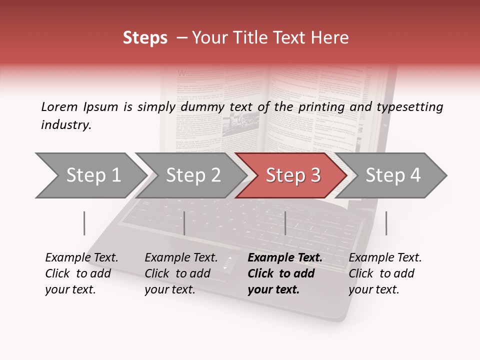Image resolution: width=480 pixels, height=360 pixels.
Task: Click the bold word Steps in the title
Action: coord(145,38)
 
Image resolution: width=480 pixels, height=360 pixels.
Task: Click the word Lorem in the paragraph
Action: coord(59,106)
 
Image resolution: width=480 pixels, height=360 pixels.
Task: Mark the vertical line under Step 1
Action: coord(84,223)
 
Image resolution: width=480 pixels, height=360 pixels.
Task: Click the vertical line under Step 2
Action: coord(184,223)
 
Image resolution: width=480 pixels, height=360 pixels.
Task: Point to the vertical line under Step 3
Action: coord(285,223)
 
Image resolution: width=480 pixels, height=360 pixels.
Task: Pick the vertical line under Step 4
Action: coord(386,223)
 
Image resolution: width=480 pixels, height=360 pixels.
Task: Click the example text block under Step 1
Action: coord(81,273)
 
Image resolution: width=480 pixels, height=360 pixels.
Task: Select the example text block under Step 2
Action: coord(181,273)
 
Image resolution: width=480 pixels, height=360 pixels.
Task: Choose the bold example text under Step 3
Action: coord(285,273)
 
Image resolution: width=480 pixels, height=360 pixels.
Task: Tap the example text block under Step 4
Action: coord(385,273)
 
